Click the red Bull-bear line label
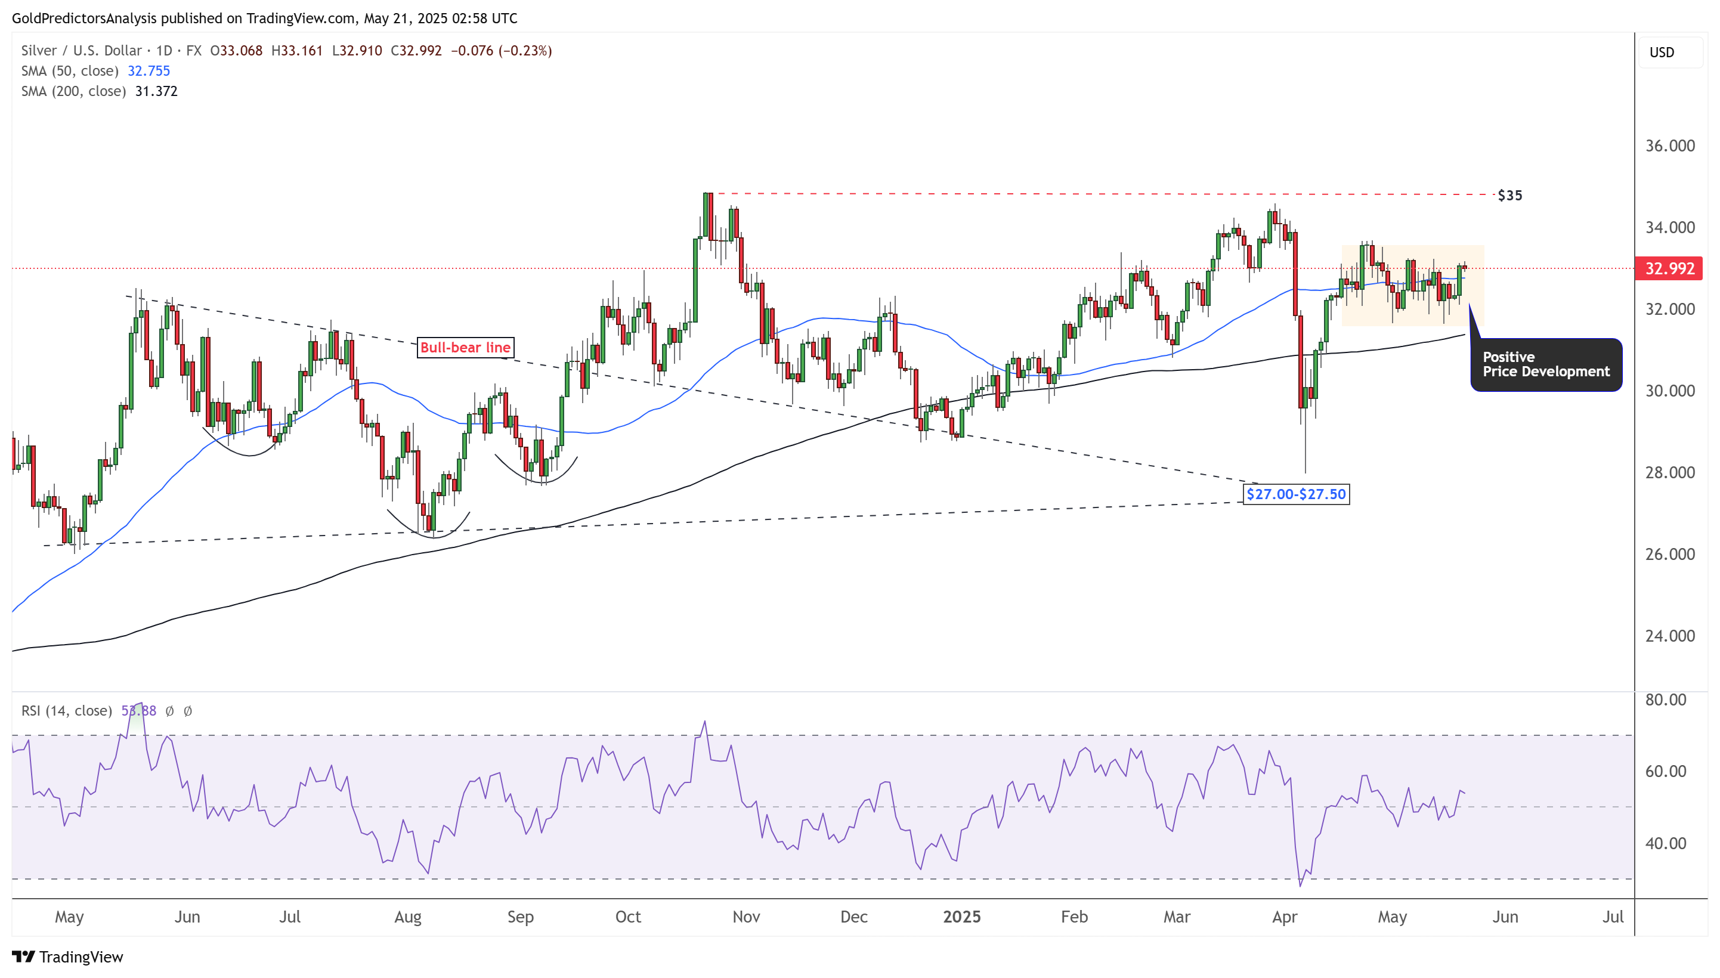tap(465, 347)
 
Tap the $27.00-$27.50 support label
tap(1295, 494)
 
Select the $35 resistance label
tap(1510, 196)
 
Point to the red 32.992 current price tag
tap(1668, 269)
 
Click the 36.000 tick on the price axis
tap(1670, 146)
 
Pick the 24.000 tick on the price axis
tap(1670, 636)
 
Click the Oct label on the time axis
tap(628, 917)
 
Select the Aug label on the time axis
tap(408, 917)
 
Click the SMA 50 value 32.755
tap(149, 71)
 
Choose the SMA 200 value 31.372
tap(156, 91)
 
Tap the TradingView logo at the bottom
tap(68, 957)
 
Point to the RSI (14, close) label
tap(66, 711)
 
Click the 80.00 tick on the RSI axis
tap(1666, 700)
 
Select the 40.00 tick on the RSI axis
tap(1666, 843)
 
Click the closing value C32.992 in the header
tap(416, 51)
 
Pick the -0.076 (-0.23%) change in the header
tap(501, 51)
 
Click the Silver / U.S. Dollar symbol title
tap(81, 51)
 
